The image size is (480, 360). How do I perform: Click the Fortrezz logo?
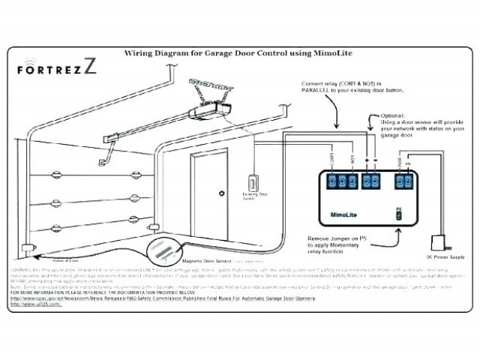click(55, 67)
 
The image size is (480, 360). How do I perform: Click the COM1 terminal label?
click(331, 160)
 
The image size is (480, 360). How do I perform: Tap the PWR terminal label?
click(400, 161)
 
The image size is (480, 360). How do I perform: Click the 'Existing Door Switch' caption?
click(250, 197)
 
